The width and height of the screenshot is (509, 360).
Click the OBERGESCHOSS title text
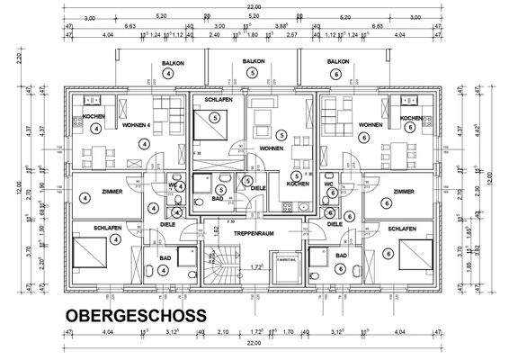tap(135, 315)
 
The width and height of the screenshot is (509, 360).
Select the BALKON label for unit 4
tap(168, 64)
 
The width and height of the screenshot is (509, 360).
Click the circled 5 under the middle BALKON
tap(253, 73)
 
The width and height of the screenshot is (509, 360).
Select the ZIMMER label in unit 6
tap(404, 193)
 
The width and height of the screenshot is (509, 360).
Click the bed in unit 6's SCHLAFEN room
tap(412, 255)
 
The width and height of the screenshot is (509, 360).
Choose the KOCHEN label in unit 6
tap(412, 118)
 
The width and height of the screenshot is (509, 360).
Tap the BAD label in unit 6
tap(341, 256)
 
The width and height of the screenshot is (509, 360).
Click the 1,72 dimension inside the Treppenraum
tap(257, 267)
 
